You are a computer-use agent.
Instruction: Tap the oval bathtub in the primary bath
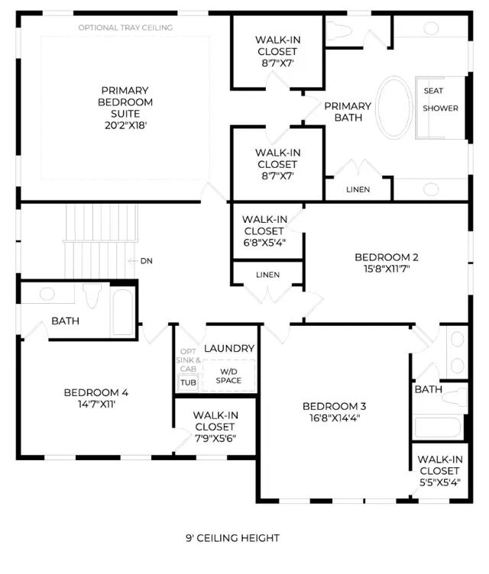[395, 108]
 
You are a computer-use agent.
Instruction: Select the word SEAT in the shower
[433, 91]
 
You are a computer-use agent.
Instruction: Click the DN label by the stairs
[146, 261]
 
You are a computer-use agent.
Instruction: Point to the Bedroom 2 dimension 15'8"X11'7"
[387, 269]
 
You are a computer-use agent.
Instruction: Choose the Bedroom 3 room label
[335, 406]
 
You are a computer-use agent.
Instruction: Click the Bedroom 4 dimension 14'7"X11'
[97, 404]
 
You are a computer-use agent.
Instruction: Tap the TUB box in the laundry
[188, 382]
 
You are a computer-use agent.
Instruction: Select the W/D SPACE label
[228, 376]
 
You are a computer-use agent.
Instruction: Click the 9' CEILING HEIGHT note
[233, 538]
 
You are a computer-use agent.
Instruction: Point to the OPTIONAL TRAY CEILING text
[125, 27]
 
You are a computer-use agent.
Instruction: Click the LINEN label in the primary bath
[358, 189]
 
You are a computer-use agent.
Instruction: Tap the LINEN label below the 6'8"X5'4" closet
[267, 275]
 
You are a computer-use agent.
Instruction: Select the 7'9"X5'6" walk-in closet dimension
[215, 439]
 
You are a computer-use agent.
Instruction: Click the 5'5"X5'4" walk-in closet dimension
[440, 482]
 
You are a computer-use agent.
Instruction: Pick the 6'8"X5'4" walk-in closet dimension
[264, 243]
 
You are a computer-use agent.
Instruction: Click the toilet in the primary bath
[338, 30]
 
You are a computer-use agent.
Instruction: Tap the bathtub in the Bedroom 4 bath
[122, 312]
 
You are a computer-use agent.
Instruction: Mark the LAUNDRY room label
[229, 349]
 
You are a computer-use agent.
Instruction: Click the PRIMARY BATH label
[348, 111]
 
